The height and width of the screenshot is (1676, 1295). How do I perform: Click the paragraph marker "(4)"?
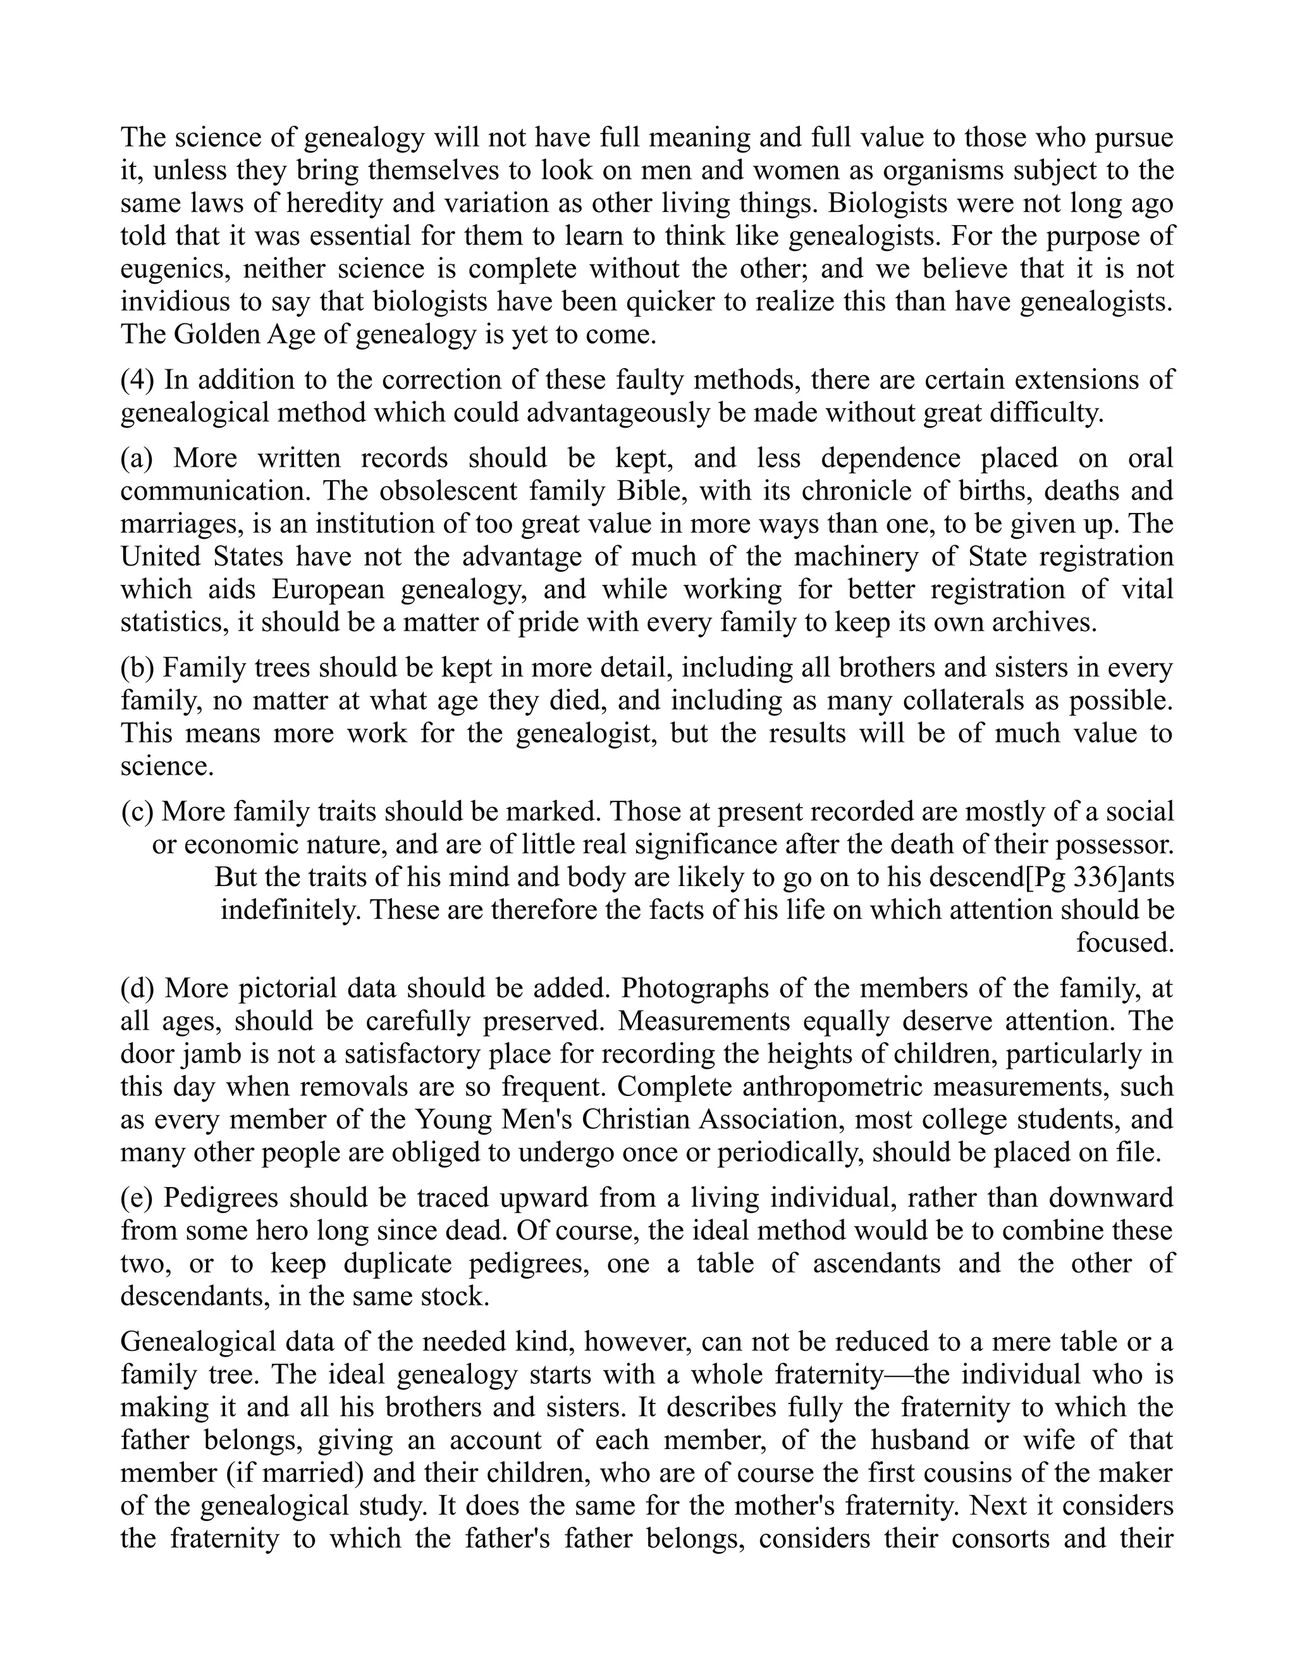137,380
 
